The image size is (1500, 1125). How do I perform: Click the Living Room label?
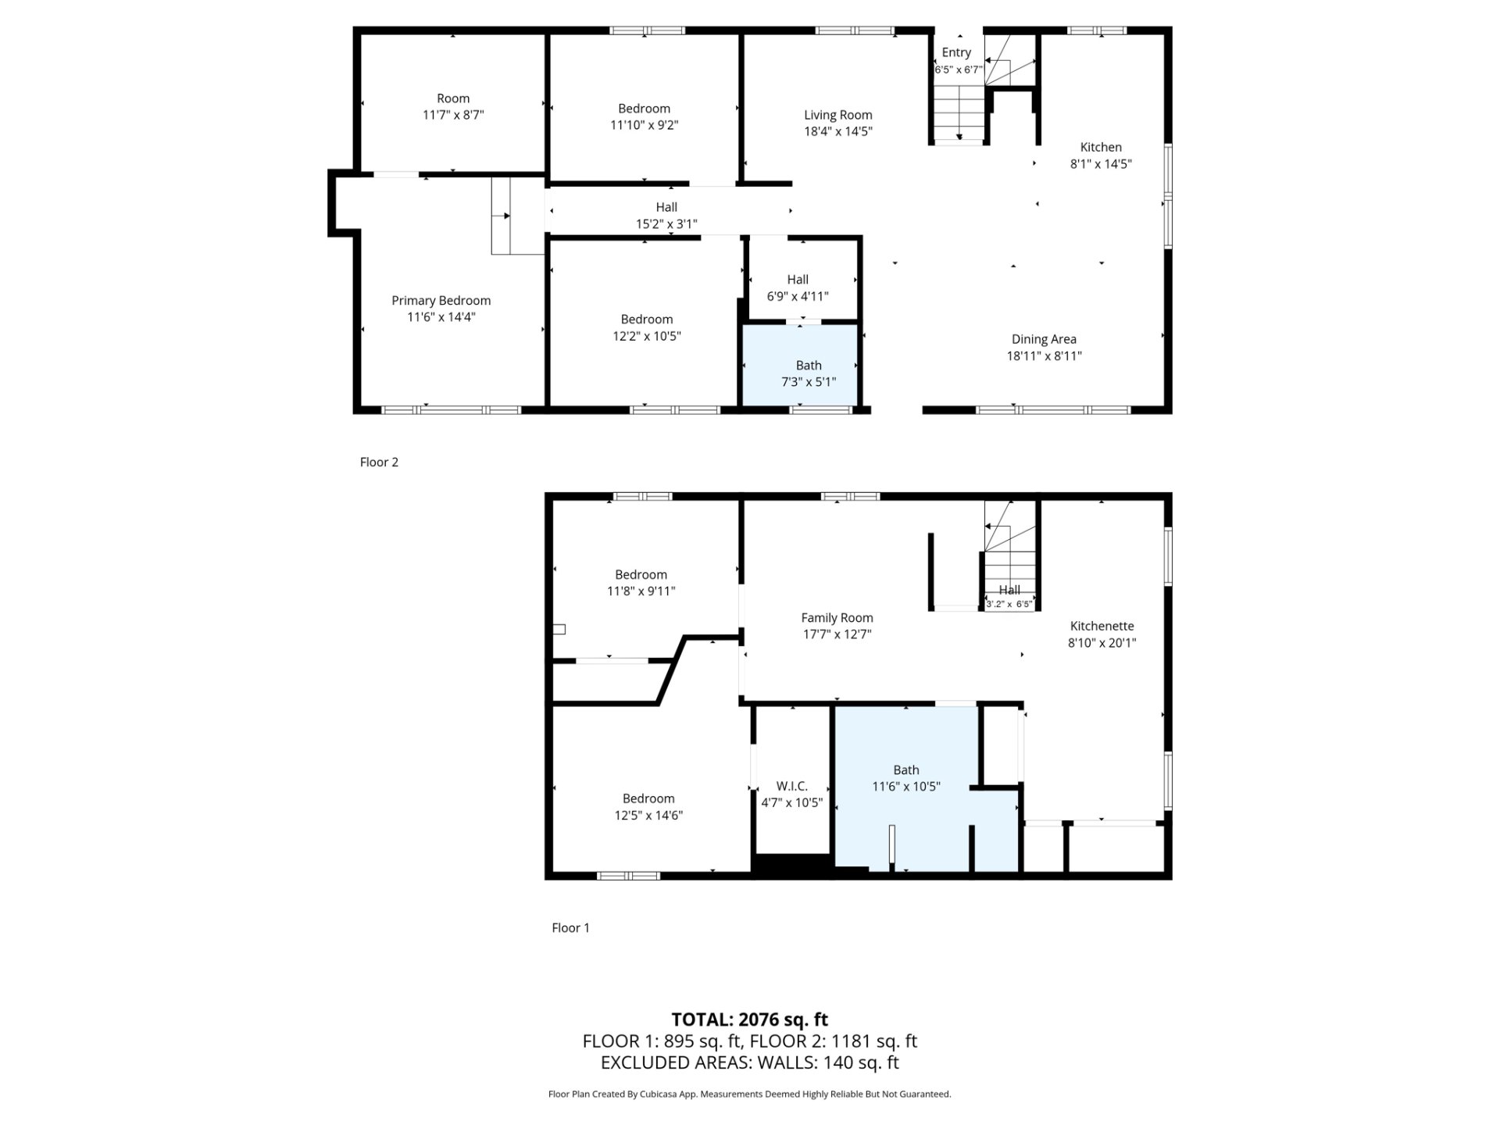838,115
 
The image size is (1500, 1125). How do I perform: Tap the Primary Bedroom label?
441,301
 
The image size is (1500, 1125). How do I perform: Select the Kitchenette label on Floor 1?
1102,626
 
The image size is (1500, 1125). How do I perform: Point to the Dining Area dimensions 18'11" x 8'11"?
1044,356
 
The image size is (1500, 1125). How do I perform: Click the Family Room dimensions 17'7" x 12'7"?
837,634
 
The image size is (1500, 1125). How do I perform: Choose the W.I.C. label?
792,786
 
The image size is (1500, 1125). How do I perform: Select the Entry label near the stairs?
956,52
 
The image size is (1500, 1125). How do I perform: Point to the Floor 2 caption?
379,462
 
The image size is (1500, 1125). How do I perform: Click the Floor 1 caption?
570,927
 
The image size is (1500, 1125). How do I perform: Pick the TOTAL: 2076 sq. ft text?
750,1020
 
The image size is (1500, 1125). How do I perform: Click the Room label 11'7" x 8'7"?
453,98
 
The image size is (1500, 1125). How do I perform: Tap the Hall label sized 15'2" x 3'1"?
666,207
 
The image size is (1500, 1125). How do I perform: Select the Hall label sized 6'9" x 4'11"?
798,279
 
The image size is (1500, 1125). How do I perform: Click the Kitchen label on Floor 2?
1101,147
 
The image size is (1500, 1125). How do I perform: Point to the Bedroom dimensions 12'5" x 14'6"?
648,816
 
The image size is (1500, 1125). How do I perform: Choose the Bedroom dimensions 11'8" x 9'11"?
641,591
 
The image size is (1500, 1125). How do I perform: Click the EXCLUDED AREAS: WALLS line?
750,1062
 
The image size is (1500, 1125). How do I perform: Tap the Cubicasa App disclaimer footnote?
750,1095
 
